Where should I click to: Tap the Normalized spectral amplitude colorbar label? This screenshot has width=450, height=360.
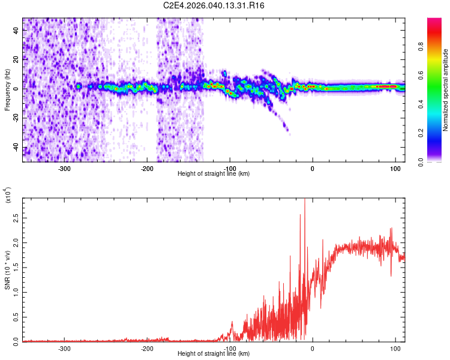(x=445, y=90)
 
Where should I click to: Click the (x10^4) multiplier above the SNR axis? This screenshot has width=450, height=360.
(x=8, y=196)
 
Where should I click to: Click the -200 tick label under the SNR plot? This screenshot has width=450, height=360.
(x=147, y=347)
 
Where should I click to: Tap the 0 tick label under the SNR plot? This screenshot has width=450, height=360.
(x=312, y=347)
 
